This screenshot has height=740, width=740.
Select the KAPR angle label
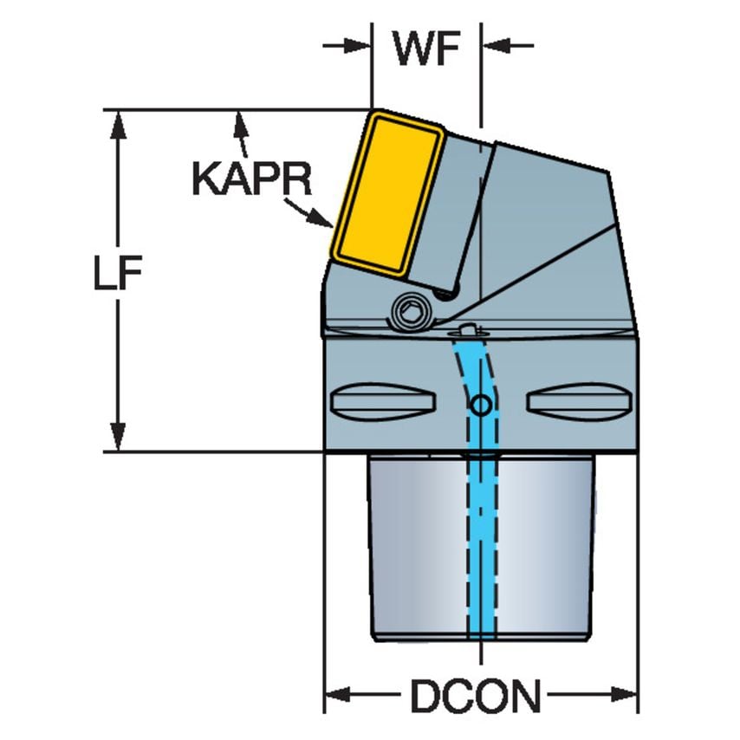pos(250,179)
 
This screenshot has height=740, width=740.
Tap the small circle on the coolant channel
pos(479,404)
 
